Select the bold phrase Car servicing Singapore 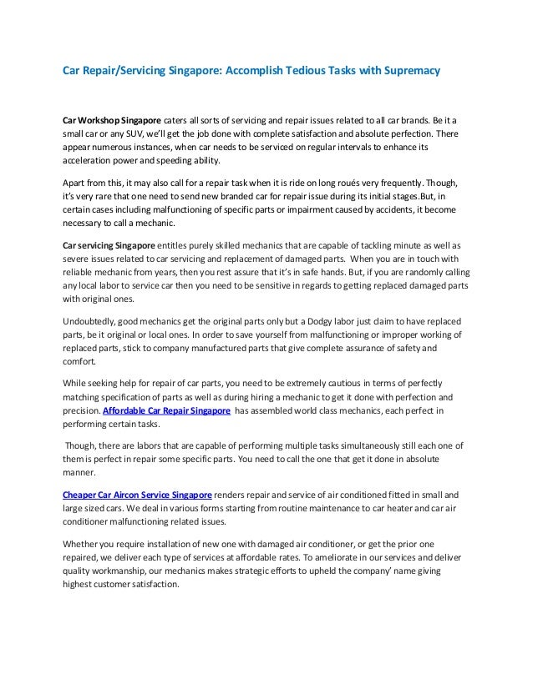coord(109,245)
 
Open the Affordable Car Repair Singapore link coord(166,411)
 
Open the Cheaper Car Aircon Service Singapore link coord(137,494)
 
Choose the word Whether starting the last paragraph coord(82,542)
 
